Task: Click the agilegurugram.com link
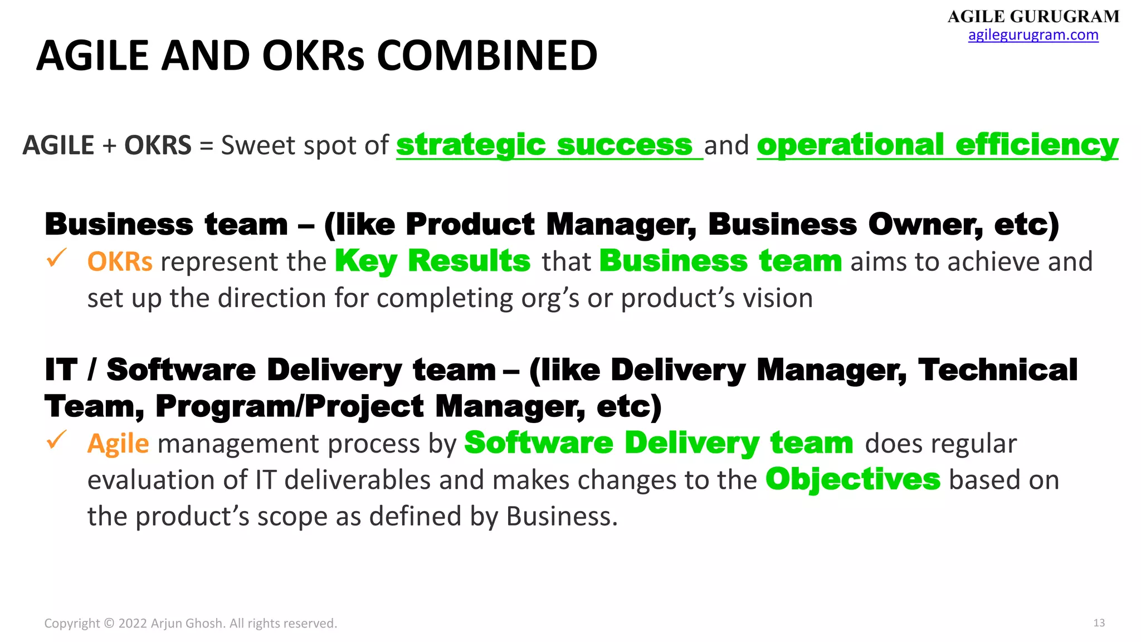point(1033,35)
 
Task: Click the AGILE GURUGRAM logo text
point(1033,16)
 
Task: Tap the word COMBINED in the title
point(487,56)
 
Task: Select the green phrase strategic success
point(544,145)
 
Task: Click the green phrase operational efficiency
point(937,145)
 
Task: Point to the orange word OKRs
point(120,262)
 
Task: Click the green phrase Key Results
point(433,261)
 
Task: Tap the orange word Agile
point(118,444)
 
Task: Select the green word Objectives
point(853,480)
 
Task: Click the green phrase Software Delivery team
point(659,444)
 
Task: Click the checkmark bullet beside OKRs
point(56,259)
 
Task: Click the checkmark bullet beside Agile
point(56,441)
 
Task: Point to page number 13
point(1099,623)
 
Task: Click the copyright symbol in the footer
point(109,624)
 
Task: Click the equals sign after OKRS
point(206,146)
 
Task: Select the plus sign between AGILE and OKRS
point(109,146)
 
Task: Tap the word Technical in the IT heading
point(998,371)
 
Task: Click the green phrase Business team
point(720,261)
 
